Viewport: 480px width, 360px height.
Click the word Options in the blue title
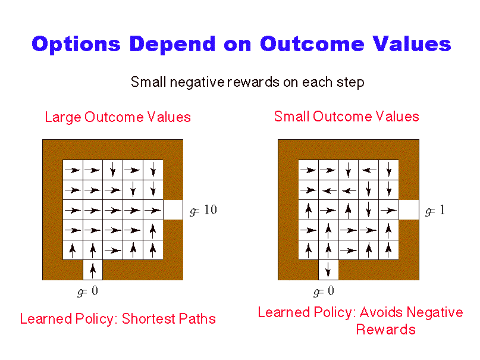point(76,45)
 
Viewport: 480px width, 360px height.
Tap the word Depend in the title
point(172,45)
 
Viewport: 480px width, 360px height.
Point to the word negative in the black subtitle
point(197,82)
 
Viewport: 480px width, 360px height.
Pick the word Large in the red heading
point(63,118)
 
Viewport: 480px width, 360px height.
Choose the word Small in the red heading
point(291,116)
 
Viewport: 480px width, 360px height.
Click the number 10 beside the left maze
point(211,209)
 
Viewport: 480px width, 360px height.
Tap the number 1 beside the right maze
point(442,209)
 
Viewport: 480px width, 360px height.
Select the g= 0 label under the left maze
point(87,291)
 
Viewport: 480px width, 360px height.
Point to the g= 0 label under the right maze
point(324,291)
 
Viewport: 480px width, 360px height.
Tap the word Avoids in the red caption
point(381,312)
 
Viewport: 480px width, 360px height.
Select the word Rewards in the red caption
point(385,330)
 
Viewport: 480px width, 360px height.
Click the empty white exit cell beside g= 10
point(173,209)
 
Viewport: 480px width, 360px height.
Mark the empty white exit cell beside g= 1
point(409,209)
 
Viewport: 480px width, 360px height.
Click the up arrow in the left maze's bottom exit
point(93,270)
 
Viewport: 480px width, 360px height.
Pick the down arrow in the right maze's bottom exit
point(328,270)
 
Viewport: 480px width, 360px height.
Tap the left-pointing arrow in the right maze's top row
point(369,170)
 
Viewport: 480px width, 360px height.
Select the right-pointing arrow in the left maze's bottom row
point(112,251)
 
